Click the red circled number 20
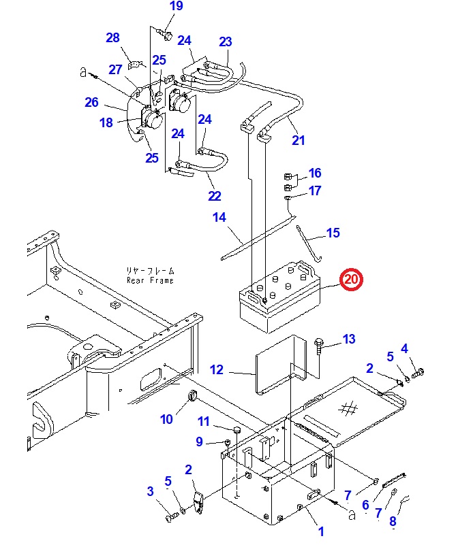click(x=353, y=279)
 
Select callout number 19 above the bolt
click(x=177, y=6)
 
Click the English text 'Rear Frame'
click(x=150, y=280)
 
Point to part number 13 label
click(x=349, y=339)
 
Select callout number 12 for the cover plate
click(x=217, y=370)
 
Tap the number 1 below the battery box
click(x=321, y=532)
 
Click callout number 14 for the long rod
click(x=219, y=218)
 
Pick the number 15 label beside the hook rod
click(x=333, y=233)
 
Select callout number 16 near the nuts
click(x=314, y=173)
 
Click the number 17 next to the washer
click(x=314, y=191)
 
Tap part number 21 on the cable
click(x=298, y=141)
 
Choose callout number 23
click(x=226, y=42)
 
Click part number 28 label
click(x=112, y=37)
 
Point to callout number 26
click(x=92, y=103)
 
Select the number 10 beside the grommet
click(x=167, y=419)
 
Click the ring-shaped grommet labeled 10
click(x=192, y=397)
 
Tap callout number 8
click(x=393, y=523)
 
